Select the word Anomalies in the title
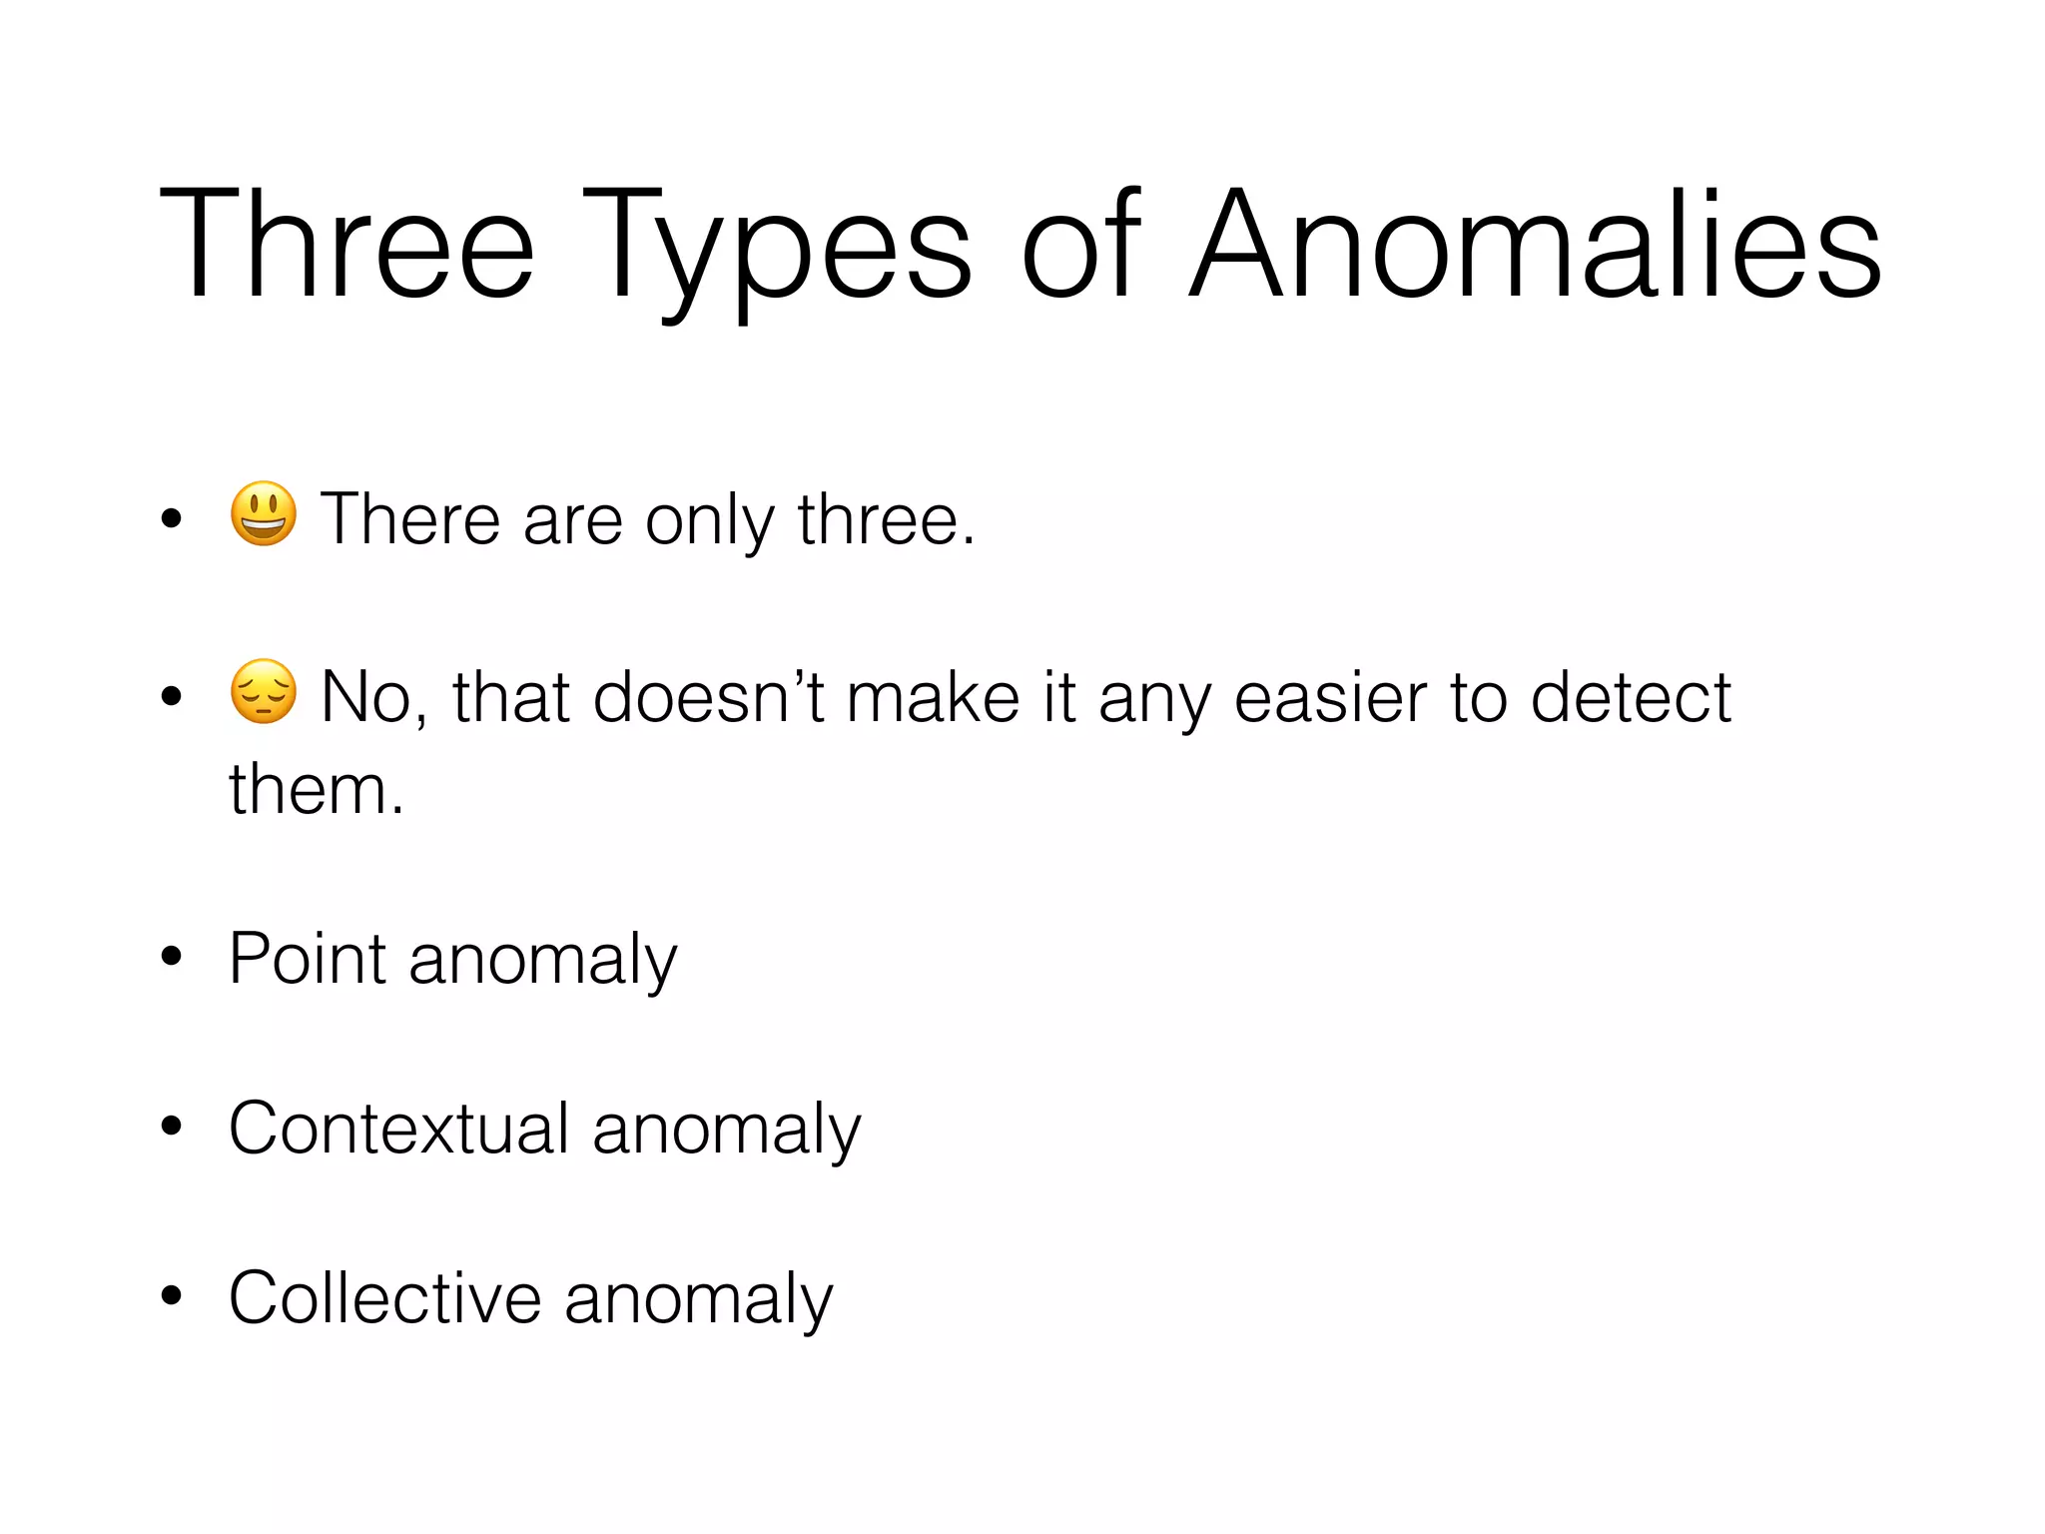(1536, 245)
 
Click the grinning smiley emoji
(264, 514)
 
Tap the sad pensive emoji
(264, 691)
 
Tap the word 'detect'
(1631, 696)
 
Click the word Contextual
(398, 1129)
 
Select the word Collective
(384, 1298)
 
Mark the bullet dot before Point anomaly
(172, 957)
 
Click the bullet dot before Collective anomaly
(172, 1295)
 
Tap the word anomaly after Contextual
(726, 1131)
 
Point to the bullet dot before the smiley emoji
(172, 517)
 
